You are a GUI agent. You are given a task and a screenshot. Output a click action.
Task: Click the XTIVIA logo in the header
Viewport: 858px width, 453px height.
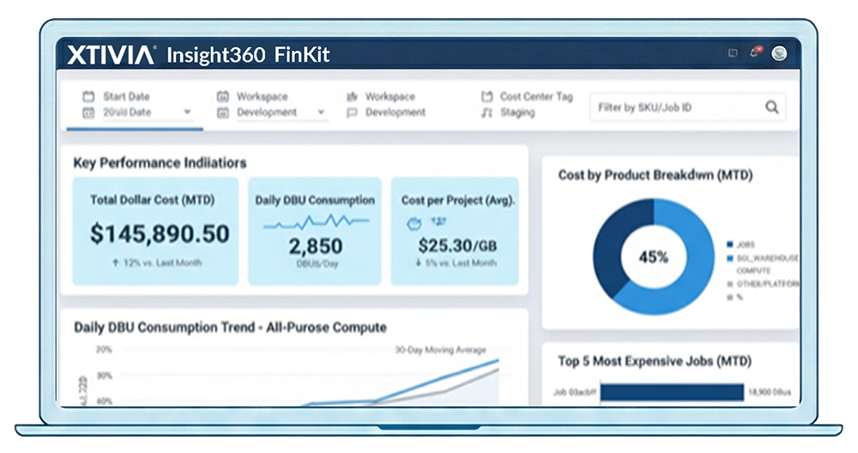pos(111,55)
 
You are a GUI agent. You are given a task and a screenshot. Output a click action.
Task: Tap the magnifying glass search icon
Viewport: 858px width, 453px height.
pos(772,107)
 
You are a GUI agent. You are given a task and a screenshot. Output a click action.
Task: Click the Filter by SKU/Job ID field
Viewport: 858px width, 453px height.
pos(674,107)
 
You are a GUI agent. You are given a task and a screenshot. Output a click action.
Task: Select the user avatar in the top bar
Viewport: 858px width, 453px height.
pos(779,53)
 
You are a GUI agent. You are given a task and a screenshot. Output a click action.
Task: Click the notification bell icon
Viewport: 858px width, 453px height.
pos(755,53)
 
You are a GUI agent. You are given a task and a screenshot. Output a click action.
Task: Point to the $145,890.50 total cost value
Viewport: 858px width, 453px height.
pos(160,233)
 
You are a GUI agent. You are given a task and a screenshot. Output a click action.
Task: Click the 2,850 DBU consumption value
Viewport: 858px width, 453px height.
pos(315,246)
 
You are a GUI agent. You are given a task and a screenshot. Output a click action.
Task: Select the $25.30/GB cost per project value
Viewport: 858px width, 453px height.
pos(457,245)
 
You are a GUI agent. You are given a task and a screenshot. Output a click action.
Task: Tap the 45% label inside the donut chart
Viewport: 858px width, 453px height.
pos(653,257)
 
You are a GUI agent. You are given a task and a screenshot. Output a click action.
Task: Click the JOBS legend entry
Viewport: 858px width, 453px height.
pos(745,244)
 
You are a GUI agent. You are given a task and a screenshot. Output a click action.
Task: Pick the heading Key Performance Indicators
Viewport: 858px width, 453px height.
pos(160,163)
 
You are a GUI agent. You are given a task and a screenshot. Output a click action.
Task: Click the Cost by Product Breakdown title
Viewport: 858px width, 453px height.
pos(656,175)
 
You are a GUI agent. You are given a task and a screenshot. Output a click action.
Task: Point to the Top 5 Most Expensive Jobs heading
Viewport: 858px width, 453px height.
pos(654,361)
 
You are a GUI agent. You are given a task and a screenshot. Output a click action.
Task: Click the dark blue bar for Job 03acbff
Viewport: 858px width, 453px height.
pos(672,392)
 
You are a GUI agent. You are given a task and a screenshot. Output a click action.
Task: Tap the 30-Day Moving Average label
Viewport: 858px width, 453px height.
pos(440,350)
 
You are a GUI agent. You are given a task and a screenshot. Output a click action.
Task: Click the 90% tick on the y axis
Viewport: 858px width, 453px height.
pos(104,376)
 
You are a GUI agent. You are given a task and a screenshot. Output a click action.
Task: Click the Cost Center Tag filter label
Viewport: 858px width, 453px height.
pos(536,97)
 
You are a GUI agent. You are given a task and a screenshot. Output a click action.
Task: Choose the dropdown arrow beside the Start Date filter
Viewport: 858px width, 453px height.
pos(187,112)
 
